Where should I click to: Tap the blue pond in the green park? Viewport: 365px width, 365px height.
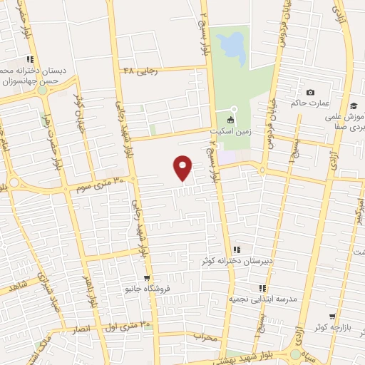pos(230,46)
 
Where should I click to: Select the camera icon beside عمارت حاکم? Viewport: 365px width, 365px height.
pos(310,93)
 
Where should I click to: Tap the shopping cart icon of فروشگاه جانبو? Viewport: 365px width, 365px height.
pos(146,278)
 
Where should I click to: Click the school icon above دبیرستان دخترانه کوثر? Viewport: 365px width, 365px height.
pos(237,250)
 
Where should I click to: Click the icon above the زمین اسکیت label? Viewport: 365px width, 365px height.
pos(230,120)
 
